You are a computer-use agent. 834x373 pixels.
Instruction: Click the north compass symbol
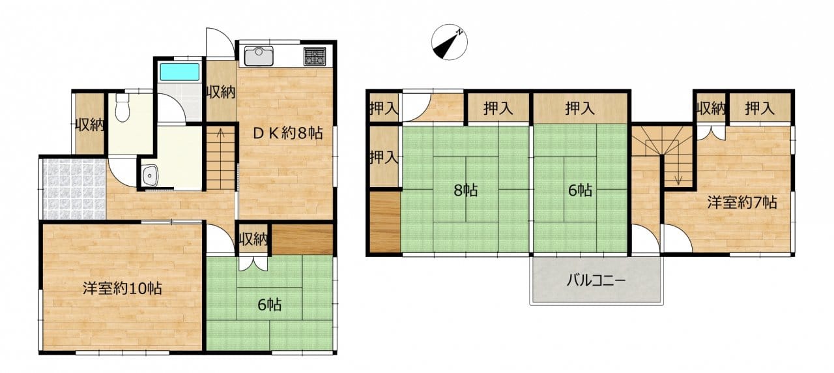tap(450, 42)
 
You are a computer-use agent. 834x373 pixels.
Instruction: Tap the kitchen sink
tap(259, 56)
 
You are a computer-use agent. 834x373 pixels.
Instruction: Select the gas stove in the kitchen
tap(315, 56)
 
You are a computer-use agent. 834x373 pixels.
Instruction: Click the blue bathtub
tap(179, 72)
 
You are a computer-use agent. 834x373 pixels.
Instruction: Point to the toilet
tap(122, 108)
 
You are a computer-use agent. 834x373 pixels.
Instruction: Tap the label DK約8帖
tap(287, 133)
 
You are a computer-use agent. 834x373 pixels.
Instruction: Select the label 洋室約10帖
tap(122, 288)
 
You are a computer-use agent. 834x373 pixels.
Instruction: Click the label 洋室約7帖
tap(742, 202)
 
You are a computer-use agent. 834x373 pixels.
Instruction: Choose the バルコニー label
tap(596, 280)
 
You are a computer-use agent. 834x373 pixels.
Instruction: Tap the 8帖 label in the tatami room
tap(466, 190)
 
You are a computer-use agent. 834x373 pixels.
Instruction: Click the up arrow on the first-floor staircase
tap(220, 133)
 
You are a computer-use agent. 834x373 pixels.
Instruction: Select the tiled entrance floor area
tap(74, 189)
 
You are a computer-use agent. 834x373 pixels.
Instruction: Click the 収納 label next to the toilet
tap(89, 125)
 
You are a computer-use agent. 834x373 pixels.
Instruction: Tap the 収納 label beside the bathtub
tap(221, 92)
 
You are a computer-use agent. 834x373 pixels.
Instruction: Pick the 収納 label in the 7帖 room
tap(710, 108)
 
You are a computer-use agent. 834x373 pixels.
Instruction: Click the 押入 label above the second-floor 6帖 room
tap(580, 108)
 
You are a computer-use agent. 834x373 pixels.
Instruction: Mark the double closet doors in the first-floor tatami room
tap(253, 263)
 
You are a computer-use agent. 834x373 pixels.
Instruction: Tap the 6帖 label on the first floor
tap(270, 305)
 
